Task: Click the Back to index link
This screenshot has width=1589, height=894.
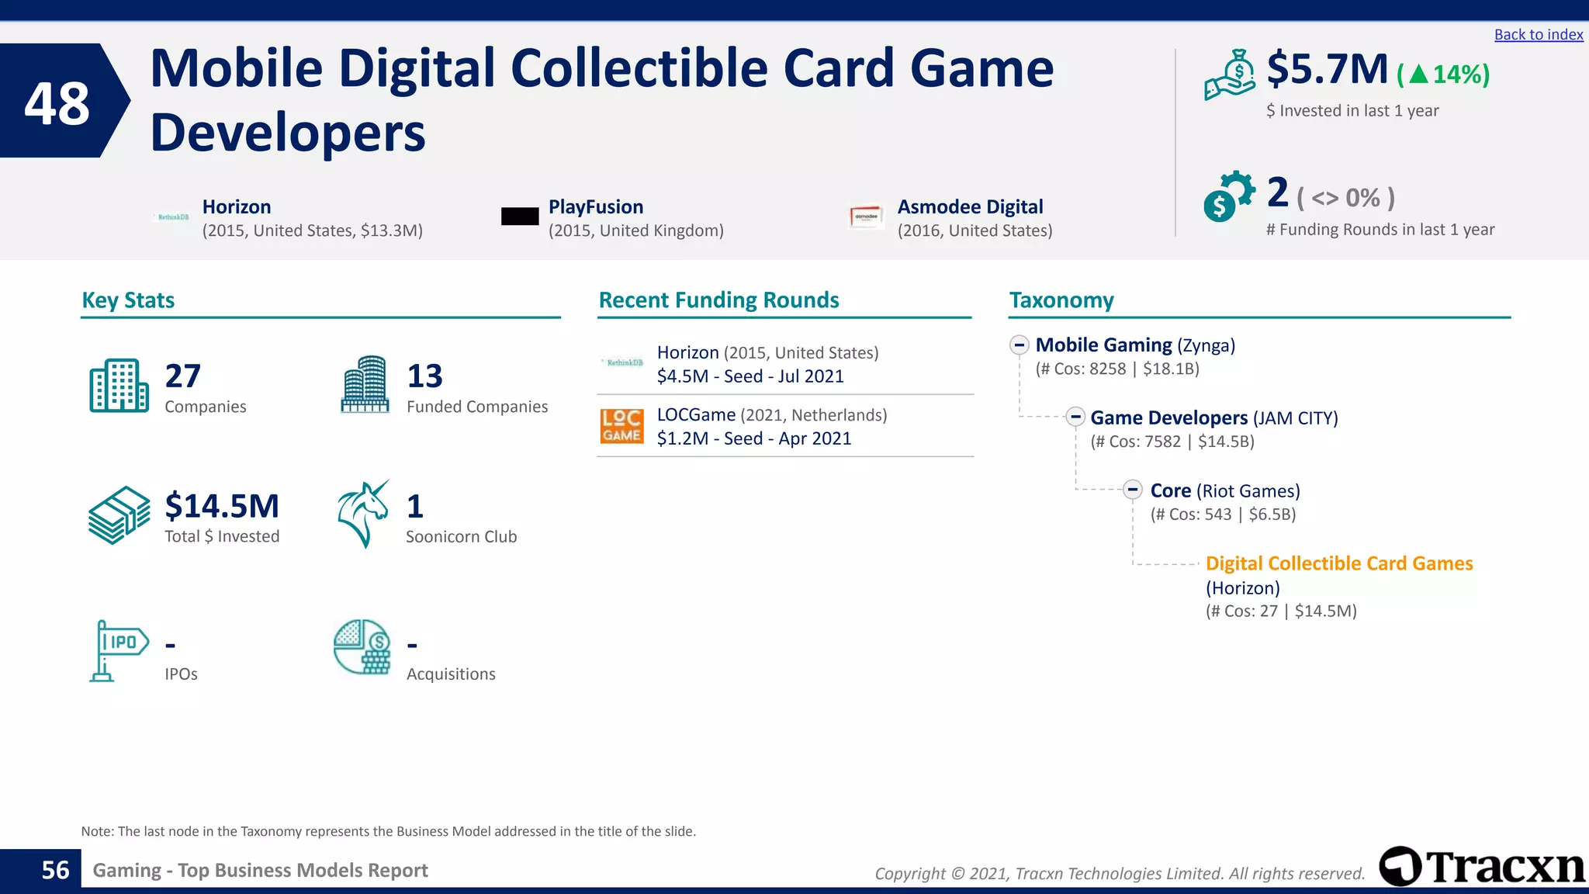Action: point(1538,35)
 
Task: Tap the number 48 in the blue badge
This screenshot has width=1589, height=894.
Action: point(57,103)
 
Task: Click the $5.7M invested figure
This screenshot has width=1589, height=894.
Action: point(1327,70)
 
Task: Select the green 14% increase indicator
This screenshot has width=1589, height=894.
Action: point(1443,74)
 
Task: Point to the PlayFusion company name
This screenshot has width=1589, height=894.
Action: point(595,207)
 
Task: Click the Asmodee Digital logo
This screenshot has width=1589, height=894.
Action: point(866,217)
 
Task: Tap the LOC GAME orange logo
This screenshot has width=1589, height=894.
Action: point(621,426)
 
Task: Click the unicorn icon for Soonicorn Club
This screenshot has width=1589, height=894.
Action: point(363,514)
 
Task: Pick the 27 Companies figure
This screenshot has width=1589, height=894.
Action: point(183,376)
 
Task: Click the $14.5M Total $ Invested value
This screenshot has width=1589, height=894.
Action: point(222,506)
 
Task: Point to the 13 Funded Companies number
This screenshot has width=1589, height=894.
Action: point(424,376)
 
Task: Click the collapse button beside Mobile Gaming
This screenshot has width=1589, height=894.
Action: point(1020,345)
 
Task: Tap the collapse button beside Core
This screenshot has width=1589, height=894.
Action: point(1133,490)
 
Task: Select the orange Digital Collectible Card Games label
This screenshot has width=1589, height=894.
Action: point(1338,563)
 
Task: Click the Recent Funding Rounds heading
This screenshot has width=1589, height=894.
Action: point(718,300)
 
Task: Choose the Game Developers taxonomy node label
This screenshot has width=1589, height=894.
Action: point(1168,418)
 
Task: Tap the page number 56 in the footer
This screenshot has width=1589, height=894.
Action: point(55,870)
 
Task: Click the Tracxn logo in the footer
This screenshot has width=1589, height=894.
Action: point(1482,867)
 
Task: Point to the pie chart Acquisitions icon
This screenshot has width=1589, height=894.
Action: point(362,646)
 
